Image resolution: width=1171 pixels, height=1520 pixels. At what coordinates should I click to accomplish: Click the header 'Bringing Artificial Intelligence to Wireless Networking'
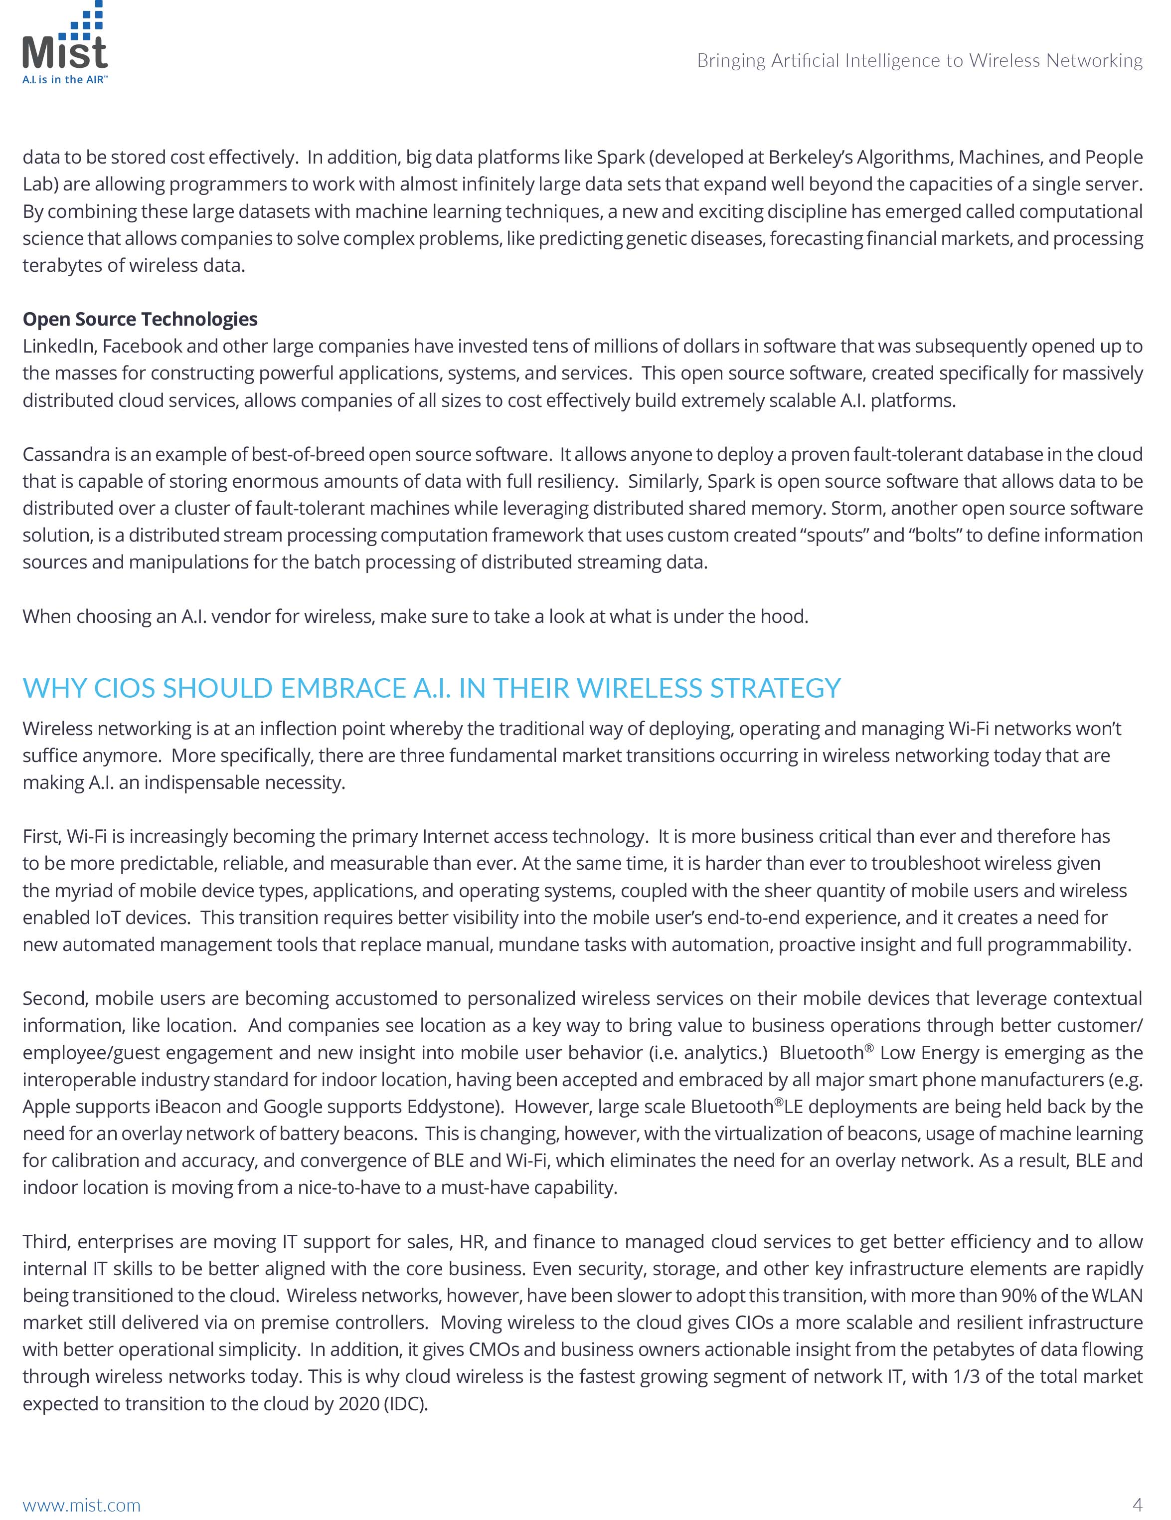(919, 61)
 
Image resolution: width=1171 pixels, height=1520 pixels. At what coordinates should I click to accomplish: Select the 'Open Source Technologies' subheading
(140, 320)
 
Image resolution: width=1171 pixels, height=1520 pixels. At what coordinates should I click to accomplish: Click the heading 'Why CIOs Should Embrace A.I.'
(431, 688)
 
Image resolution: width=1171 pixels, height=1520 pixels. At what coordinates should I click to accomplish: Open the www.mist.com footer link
(81, 1506)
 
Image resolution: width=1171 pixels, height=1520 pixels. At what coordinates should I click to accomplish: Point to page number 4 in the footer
(1138, 1505)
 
